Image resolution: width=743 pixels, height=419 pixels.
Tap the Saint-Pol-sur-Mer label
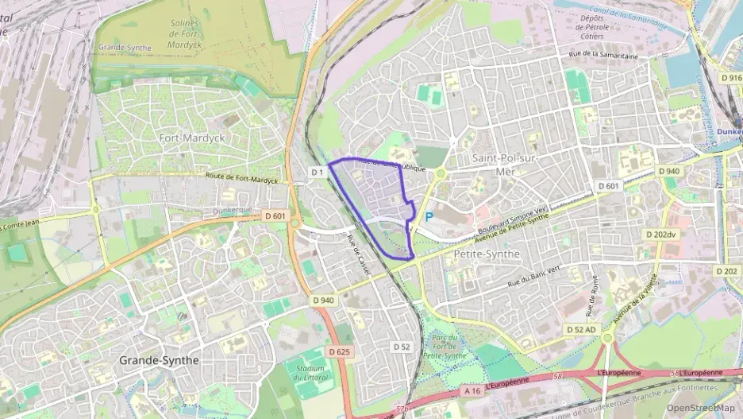(504, 164)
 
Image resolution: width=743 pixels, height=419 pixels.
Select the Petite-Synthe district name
(487, 254)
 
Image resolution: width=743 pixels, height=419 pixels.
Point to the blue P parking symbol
(429, 215)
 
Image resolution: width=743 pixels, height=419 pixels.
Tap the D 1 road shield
(318, 172)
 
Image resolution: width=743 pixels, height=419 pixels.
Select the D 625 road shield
(338, 351)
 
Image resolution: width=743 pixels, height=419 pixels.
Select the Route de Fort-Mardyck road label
(241, 179)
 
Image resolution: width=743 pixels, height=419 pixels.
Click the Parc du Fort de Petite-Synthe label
(449, 346)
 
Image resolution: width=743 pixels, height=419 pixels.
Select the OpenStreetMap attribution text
(700, 408)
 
